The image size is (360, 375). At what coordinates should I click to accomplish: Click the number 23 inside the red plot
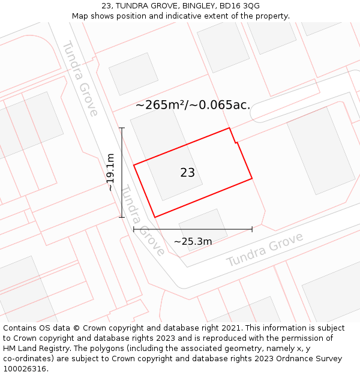(x=187, y=173)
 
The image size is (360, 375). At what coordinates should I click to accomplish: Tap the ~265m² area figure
(x=160, y=104)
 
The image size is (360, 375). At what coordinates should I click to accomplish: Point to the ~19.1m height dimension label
(x=110, y=172)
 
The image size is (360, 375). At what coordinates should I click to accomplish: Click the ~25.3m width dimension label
(x=193, y=241)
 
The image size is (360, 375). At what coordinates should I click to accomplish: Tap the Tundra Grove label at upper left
(x=80, y=78)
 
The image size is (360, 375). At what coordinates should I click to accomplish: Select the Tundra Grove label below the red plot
(x=143, y=220)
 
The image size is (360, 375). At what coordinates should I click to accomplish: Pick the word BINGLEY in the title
(x=191, y=5)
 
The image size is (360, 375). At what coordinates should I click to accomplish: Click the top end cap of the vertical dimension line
(x=122, y=128)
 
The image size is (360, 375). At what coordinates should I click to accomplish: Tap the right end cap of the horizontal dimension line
(x=252, y=229)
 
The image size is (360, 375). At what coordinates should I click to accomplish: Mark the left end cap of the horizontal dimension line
(x=134, y=229)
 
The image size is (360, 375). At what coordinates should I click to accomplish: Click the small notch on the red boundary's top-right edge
(x=236, y=142)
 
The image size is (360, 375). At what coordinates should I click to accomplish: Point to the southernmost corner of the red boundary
(x=155, y=217)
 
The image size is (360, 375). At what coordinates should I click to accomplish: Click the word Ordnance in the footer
(x=310, y=359)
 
